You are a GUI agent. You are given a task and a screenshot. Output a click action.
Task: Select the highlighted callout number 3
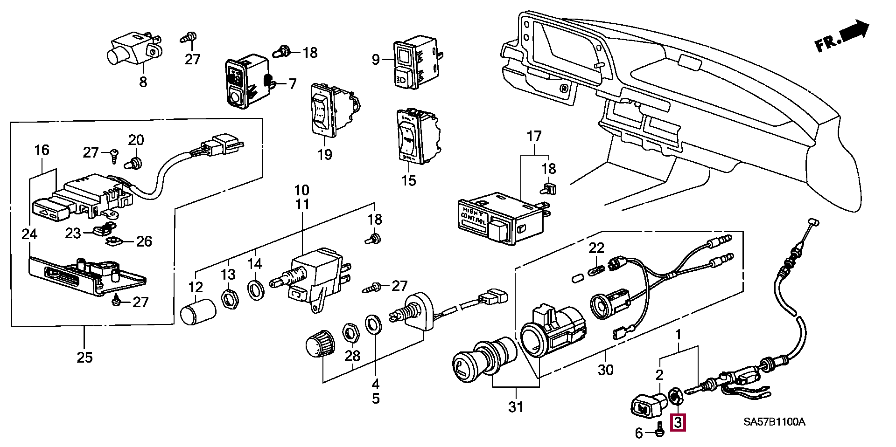[x=678, y=423]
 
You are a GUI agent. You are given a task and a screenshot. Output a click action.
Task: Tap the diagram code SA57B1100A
[x=774, y=422]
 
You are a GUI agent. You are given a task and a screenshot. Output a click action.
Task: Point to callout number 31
[x=516, y=406]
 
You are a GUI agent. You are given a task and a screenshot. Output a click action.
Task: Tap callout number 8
[x=143, y=82]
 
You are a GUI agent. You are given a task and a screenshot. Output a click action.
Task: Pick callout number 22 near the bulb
[x=596, y=248]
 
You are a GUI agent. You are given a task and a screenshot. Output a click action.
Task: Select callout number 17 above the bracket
[x=534, y=137]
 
